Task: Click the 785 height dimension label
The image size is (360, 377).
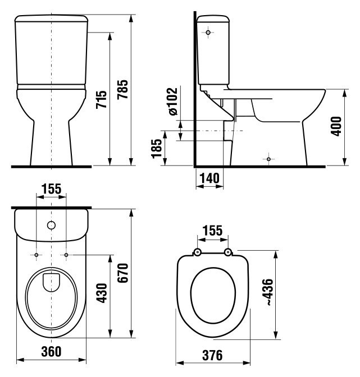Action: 123,89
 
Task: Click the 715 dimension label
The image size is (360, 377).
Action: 101,99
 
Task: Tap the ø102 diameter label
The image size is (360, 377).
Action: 173,101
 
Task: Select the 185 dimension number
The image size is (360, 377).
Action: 157,148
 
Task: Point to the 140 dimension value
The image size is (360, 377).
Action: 209,178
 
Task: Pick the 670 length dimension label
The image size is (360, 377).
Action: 123,273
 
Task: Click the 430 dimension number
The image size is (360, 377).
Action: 101,293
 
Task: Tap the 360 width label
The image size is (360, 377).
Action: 51,352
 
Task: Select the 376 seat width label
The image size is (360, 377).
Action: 212,355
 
